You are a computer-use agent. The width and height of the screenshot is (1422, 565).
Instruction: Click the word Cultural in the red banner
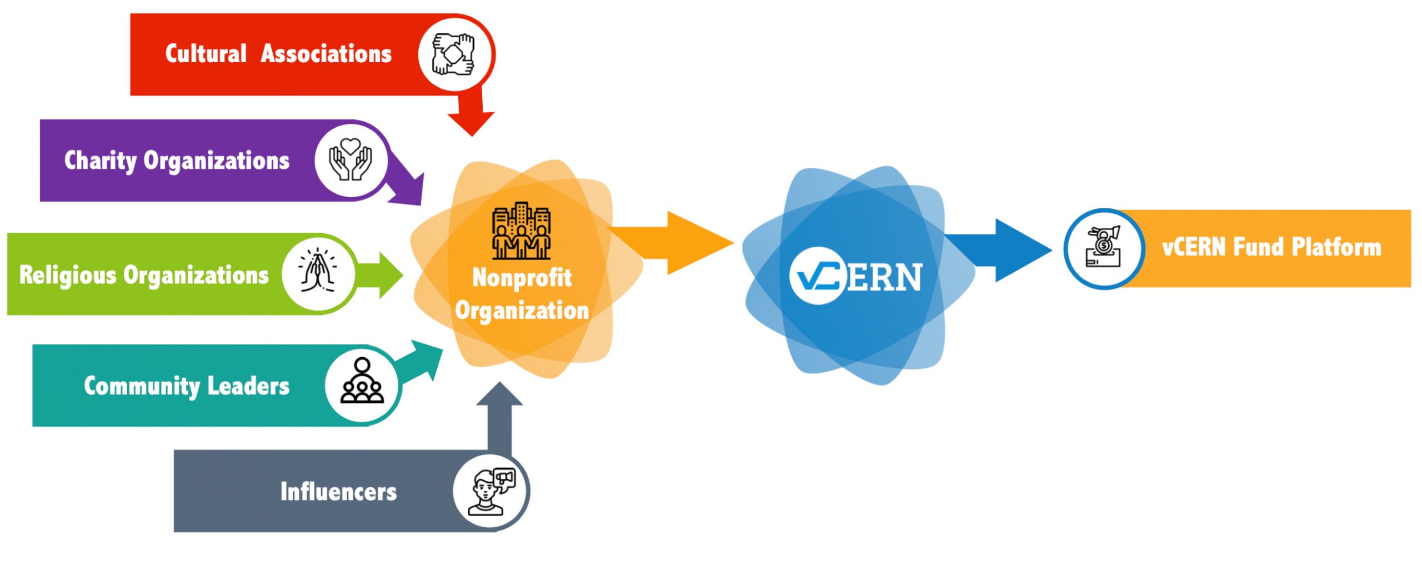pos(206,54)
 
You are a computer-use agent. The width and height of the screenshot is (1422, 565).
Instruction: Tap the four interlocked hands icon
pos(453,54)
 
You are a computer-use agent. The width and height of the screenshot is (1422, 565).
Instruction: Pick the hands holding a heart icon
pos(350,159)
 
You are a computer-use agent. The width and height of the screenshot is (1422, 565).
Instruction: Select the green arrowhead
pos(391,274)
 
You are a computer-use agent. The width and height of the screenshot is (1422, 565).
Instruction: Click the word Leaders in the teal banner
pos(248,386)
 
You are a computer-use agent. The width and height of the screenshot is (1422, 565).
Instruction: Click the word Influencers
pos(338,492)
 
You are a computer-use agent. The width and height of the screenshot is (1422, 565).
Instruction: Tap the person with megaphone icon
pos(492,492)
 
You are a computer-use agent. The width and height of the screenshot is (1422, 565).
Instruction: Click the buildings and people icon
pos(521,231)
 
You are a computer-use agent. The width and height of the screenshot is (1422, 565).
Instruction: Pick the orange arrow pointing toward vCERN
pos(672,243)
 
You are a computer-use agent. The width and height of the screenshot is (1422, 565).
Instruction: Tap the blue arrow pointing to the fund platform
pos(999,251)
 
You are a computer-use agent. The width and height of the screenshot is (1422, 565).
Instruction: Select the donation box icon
pos(1104,247)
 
